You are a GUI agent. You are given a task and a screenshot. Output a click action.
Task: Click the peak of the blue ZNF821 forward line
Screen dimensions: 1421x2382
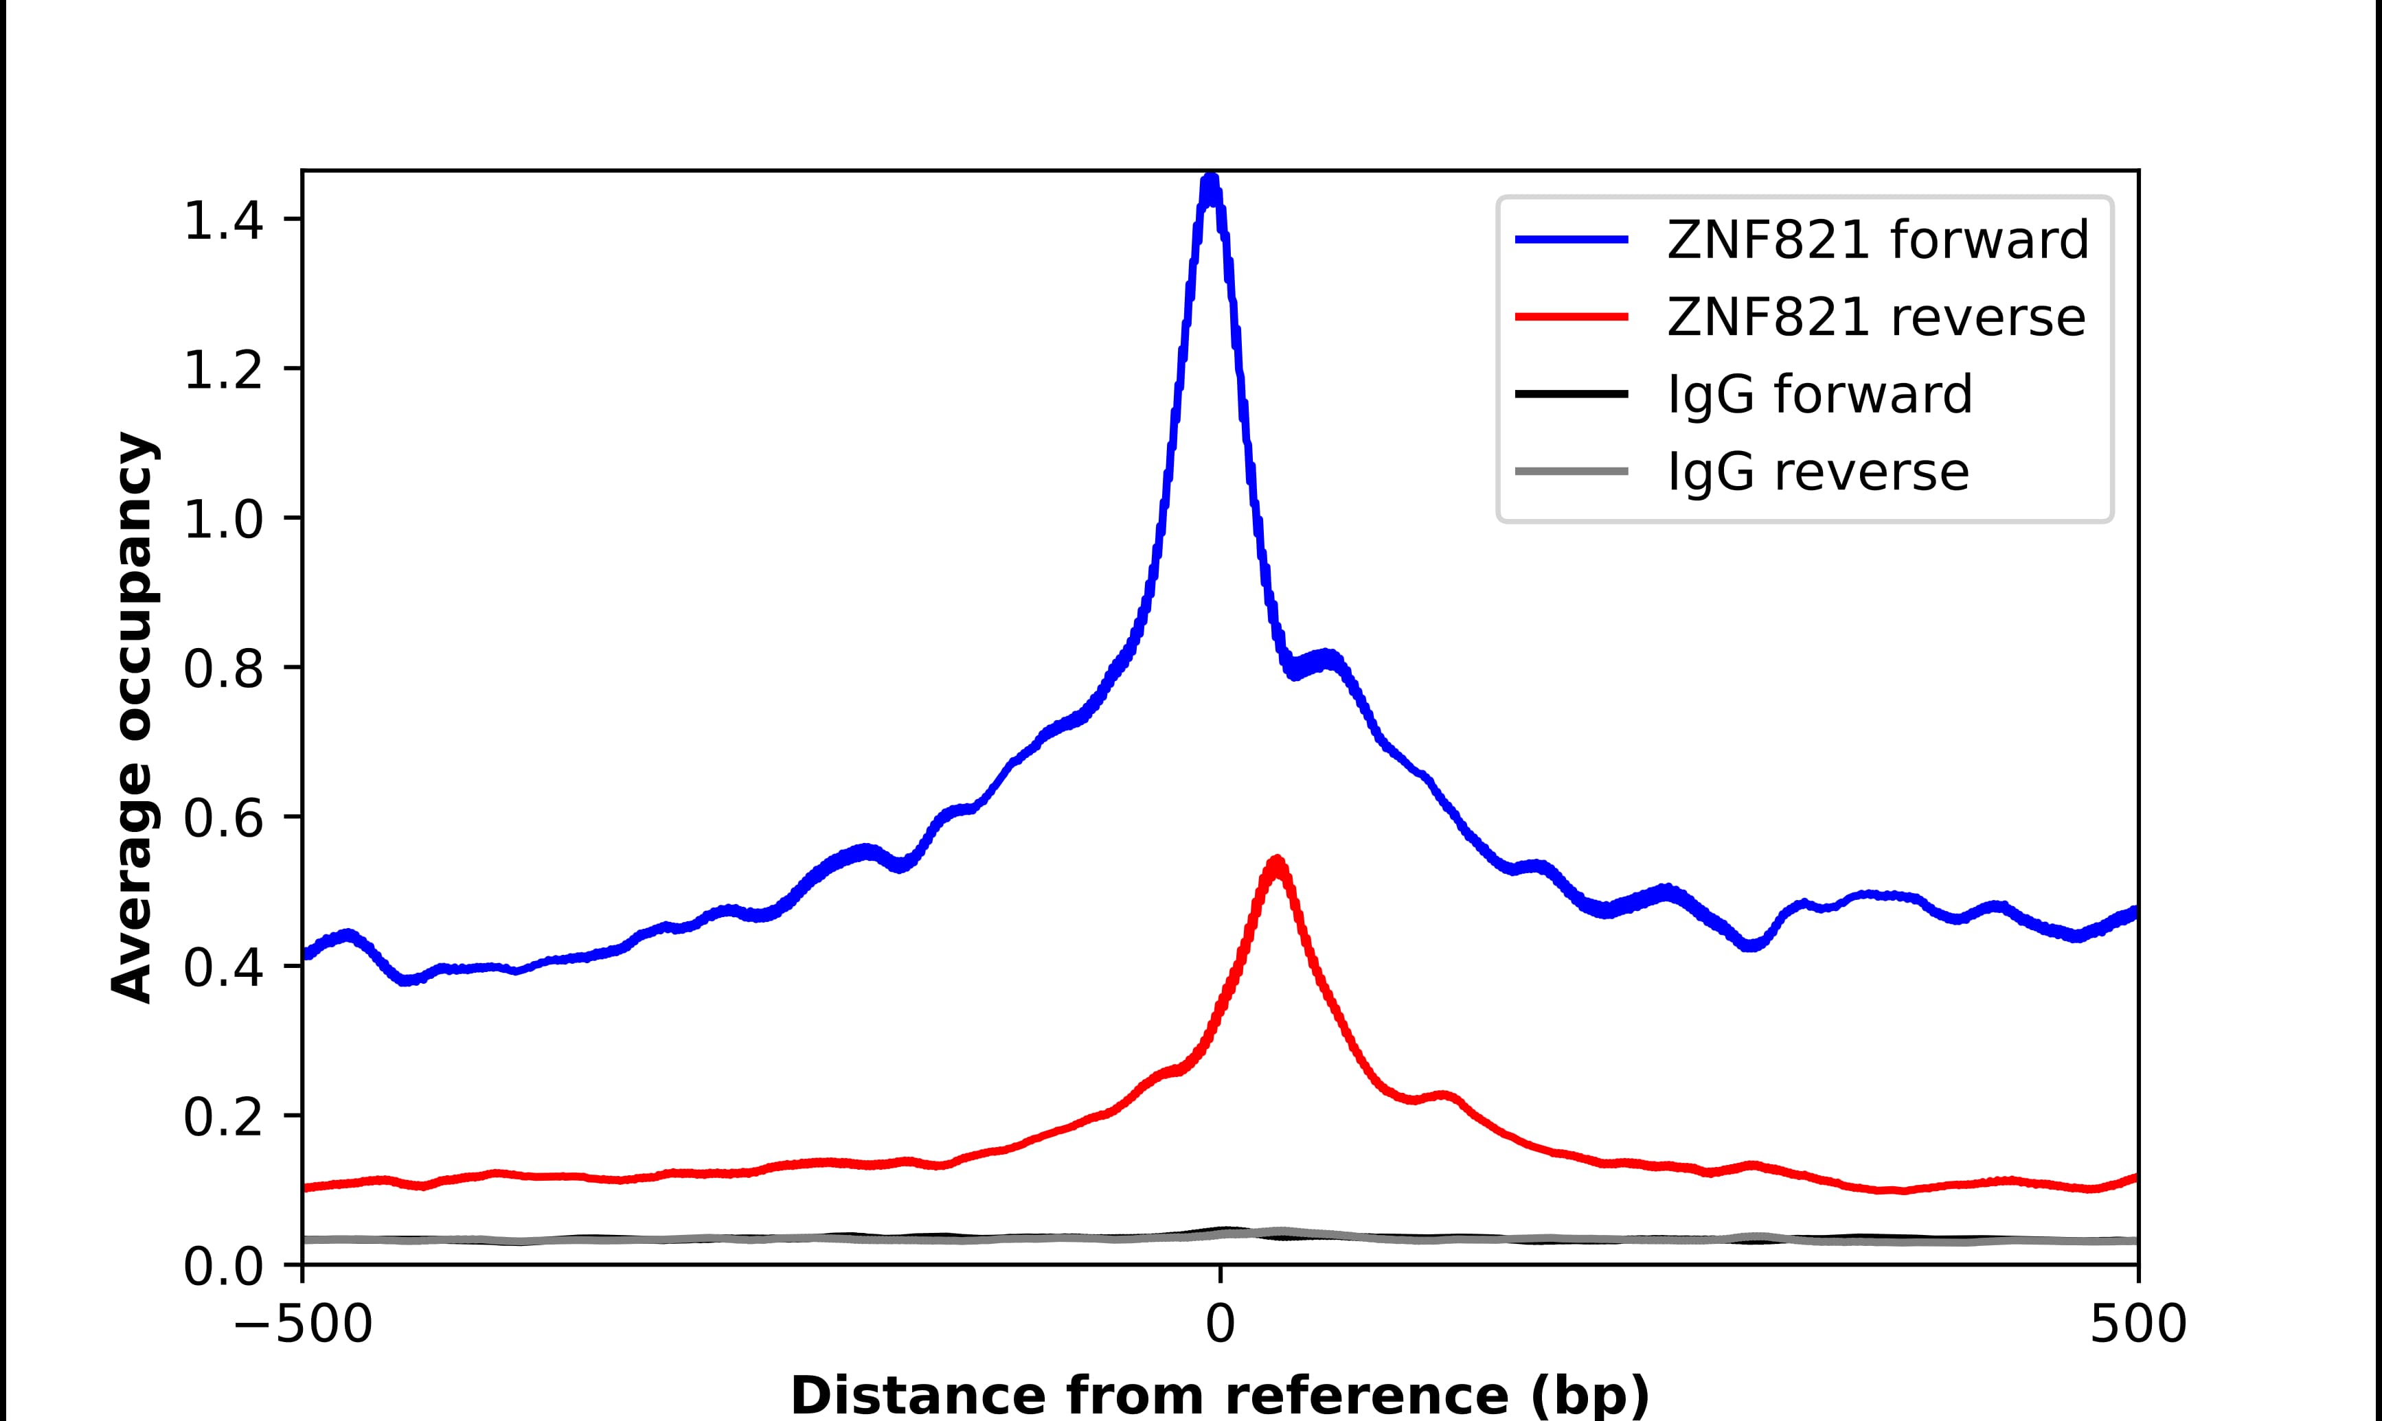(x=1211, y=180)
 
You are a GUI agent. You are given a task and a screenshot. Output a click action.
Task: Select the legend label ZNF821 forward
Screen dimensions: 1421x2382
(x=1877, y=240)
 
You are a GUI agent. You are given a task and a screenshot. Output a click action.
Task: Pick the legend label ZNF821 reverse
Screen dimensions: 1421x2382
(x=1875, y=317)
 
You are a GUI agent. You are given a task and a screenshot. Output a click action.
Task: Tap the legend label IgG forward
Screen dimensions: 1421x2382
(x=1819, y=395)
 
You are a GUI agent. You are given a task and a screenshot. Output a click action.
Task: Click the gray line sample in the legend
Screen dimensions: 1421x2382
(x=1572, y=471)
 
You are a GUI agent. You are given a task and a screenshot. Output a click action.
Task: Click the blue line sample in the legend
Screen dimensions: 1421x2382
(x=1572, y=240)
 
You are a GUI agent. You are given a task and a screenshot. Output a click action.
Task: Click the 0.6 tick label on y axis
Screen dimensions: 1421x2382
(x=223, y=820)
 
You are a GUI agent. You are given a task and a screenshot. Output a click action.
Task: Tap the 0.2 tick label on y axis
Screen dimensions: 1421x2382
(x=223, y=1118)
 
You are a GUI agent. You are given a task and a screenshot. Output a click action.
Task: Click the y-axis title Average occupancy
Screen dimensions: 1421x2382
(x=132, y=718)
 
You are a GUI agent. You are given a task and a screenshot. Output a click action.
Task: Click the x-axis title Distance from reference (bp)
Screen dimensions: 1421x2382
(x=1219, y=1394)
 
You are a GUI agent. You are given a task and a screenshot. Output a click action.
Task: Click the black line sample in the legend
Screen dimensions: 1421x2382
(x=1572, y=393)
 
